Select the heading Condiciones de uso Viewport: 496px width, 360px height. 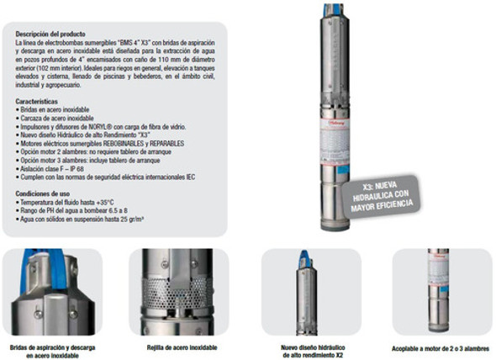click(x=44, y=193)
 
